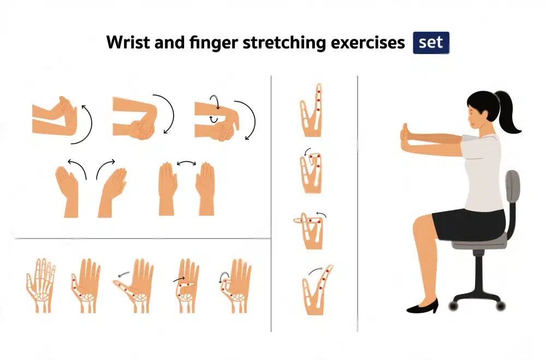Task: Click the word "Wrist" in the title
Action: point(125,43)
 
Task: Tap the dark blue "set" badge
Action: point(431,43)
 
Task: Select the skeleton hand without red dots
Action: point(40,284)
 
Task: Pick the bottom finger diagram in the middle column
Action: point(316,290)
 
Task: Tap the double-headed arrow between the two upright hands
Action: point(187,163)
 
